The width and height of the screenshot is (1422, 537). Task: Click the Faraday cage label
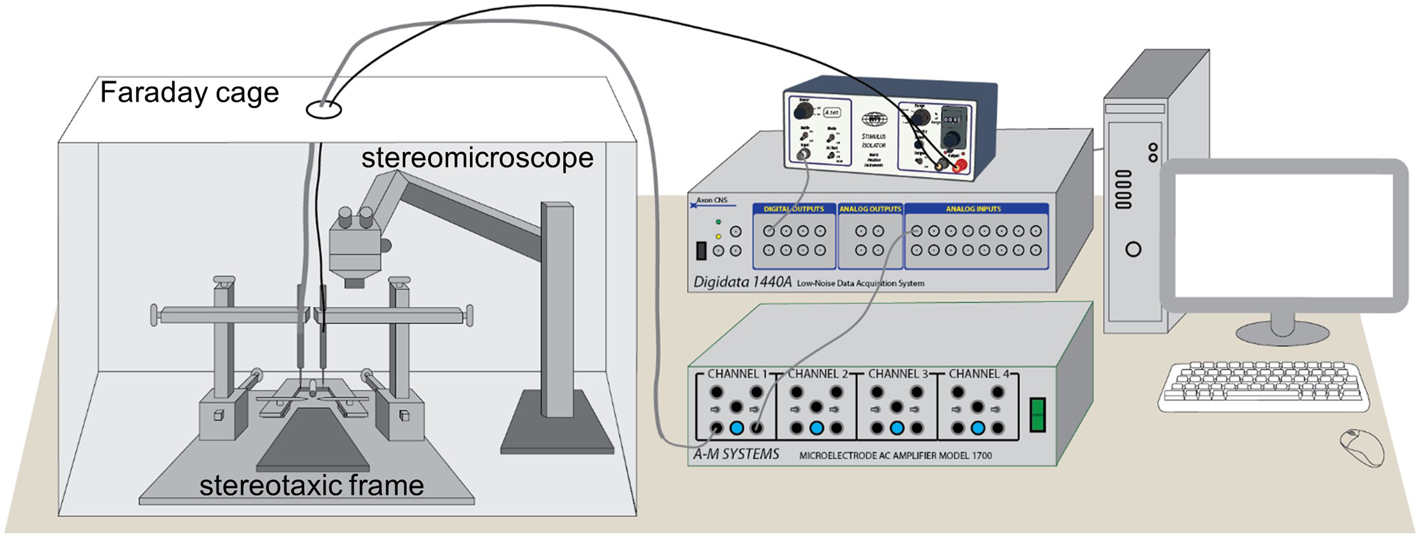pos(189,92)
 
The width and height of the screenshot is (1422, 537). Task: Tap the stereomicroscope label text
pos(477,158)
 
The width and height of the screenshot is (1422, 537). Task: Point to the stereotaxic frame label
pos(311,485)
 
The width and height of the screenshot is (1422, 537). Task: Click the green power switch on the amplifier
pos(1038,415)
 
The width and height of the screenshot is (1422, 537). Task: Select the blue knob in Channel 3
pos(896,428)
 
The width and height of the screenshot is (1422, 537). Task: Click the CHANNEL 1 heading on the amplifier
pos(737,373)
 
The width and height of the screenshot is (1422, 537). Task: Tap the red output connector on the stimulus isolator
pos(959,166)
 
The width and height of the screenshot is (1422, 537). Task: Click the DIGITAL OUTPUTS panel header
pos(793,209)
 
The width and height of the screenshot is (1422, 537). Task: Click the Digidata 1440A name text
pos(742,282)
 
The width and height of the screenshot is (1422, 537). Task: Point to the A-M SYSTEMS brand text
pos(735,455)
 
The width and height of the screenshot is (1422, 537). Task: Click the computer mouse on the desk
pos(1361,447)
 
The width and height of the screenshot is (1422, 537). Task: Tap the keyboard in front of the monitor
pos(1263,386)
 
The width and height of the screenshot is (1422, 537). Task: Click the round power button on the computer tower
pos(1133,249)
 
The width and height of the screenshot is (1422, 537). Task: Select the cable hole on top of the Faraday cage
pos(323,110)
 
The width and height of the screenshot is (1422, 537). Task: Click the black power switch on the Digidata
pos(701,250)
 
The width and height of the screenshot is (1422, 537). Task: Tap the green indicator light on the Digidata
pos(718,222)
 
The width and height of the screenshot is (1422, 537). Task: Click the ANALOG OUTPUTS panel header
pos(869,209)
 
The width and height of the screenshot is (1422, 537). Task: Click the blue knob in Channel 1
pos(737,428)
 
